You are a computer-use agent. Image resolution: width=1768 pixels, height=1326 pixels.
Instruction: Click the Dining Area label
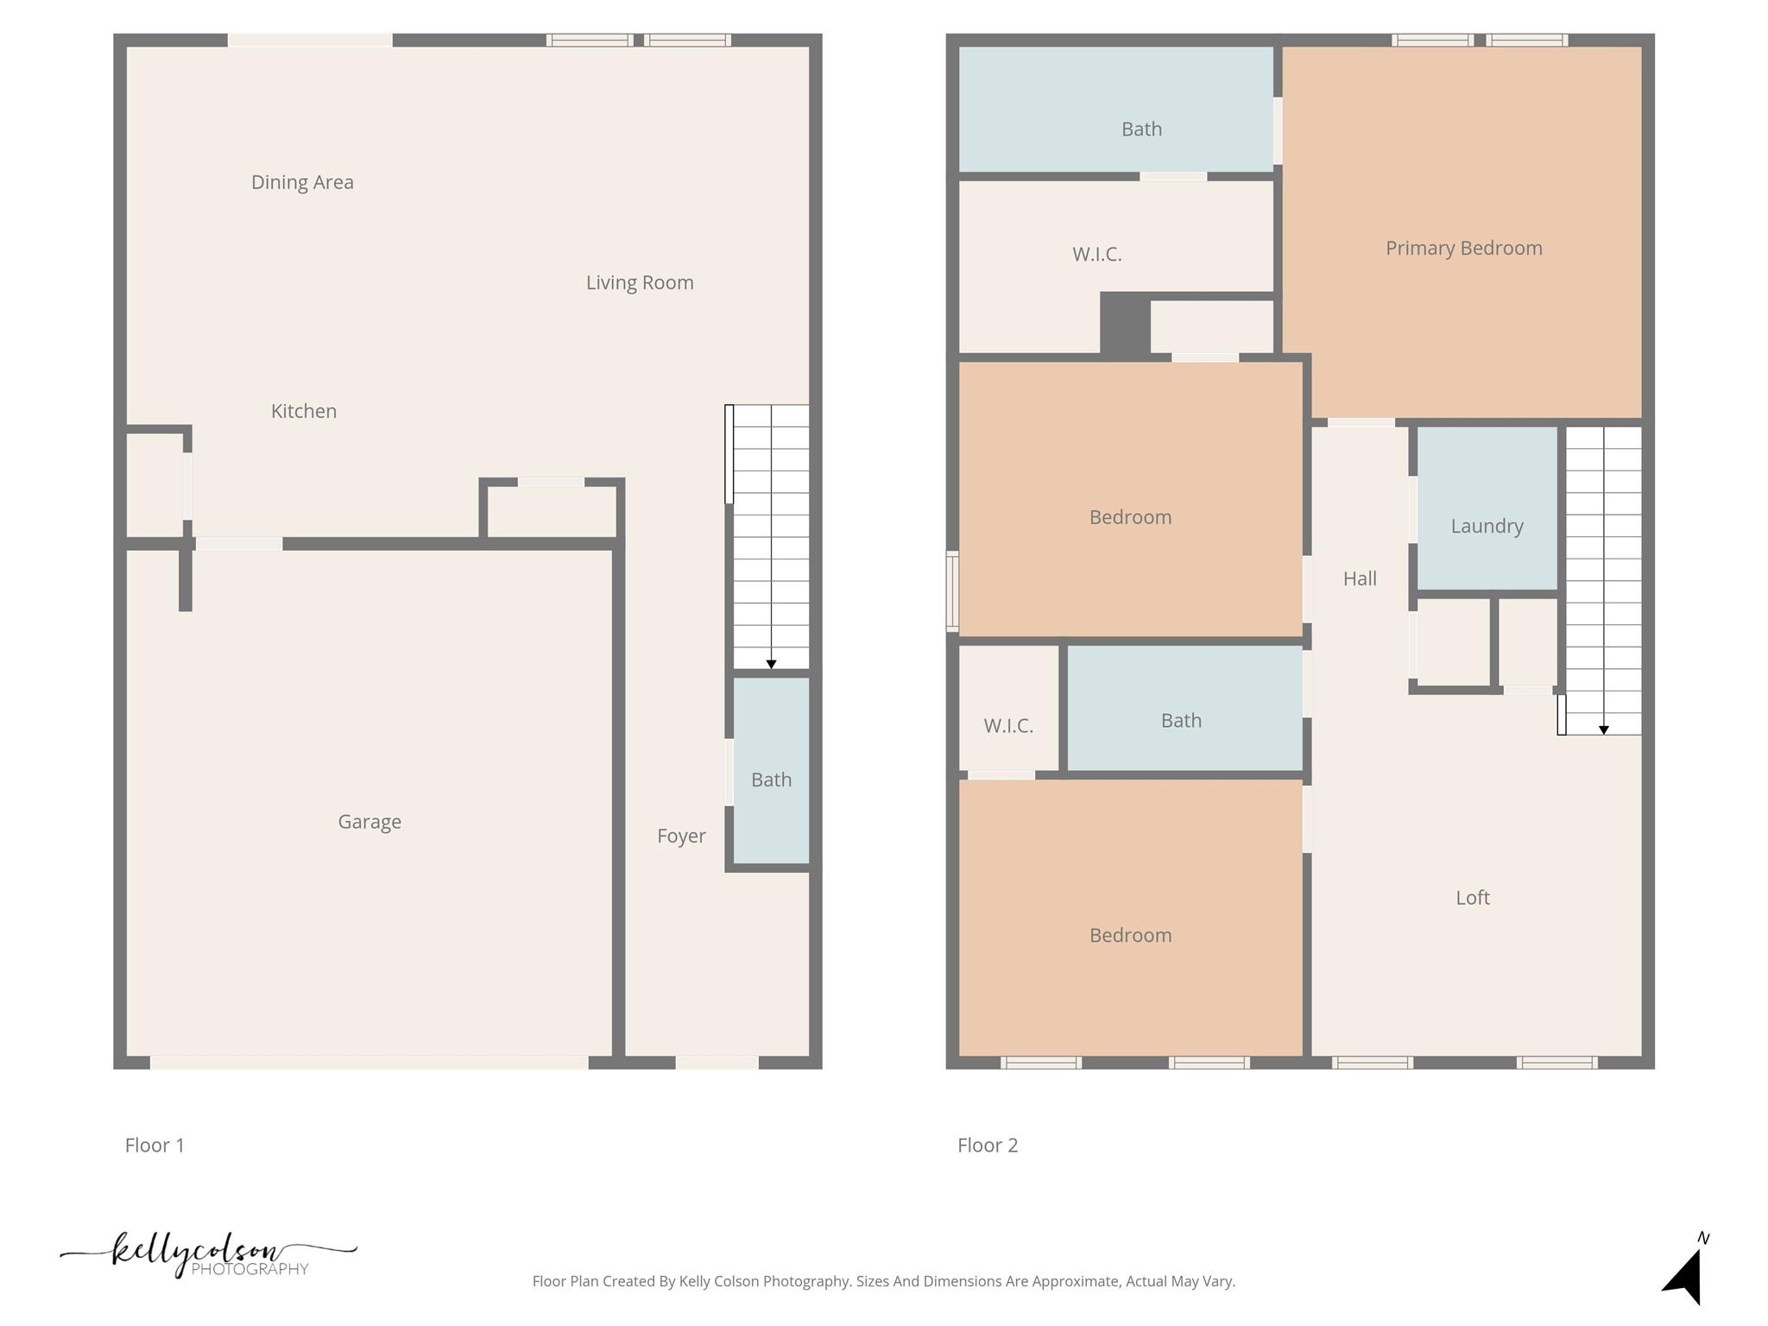[x=302, y=182]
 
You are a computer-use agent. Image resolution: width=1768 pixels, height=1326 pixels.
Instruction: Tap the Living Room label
[x=640, y=282]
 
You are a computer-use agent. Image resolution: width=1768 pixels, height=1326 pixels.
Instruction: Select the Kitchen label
[x=304, y=411]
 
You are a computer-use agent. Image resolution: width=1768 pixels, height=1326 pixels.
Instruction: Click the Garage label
[x=369, y=822]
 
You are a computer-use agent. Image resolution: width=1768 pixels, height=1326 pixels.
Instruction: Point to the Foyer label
[x=681, y=836]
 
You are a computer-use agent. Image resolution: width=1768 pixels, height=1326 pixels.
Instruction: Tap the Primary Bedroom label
[x=1463, y=248]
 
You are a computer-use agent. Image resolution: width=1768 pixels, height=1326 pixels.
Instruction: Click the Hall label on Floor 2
[x=1360, y=578]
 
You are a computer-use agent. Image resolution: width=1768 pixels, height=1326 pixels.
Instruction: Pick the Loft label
[x=1473, y=898]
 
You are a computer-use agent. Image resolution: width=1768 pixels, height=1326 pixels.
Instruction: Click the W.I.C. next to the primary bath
[x=1097, y=254]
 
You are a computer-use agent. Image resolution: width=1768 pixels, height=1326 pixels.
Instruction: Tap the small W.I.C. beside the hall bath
[x=1008, y=725]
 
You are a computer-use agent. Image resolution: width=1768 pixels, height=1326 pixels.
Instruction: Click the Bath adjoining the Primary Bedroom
[x=1141, y=129]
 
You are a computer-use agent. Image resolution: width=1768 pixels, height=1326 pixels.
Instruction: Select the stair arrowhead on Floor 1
[x=771, y=664]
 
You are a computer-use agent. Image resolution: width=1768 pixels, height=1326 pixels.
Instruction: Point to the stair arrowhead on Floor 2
[x=1603, y=730]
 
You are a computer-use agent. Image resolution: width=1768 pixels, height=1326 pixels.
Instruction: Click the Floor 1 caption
[x=155, y=1146]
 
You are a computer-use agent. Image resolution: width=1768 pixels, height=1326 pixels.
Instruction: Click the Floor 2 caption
[x=988, y=1146]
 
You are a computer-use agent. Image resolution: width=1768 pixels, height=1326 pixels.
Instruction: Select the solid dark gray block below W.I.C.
[x=1124, y=324]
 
